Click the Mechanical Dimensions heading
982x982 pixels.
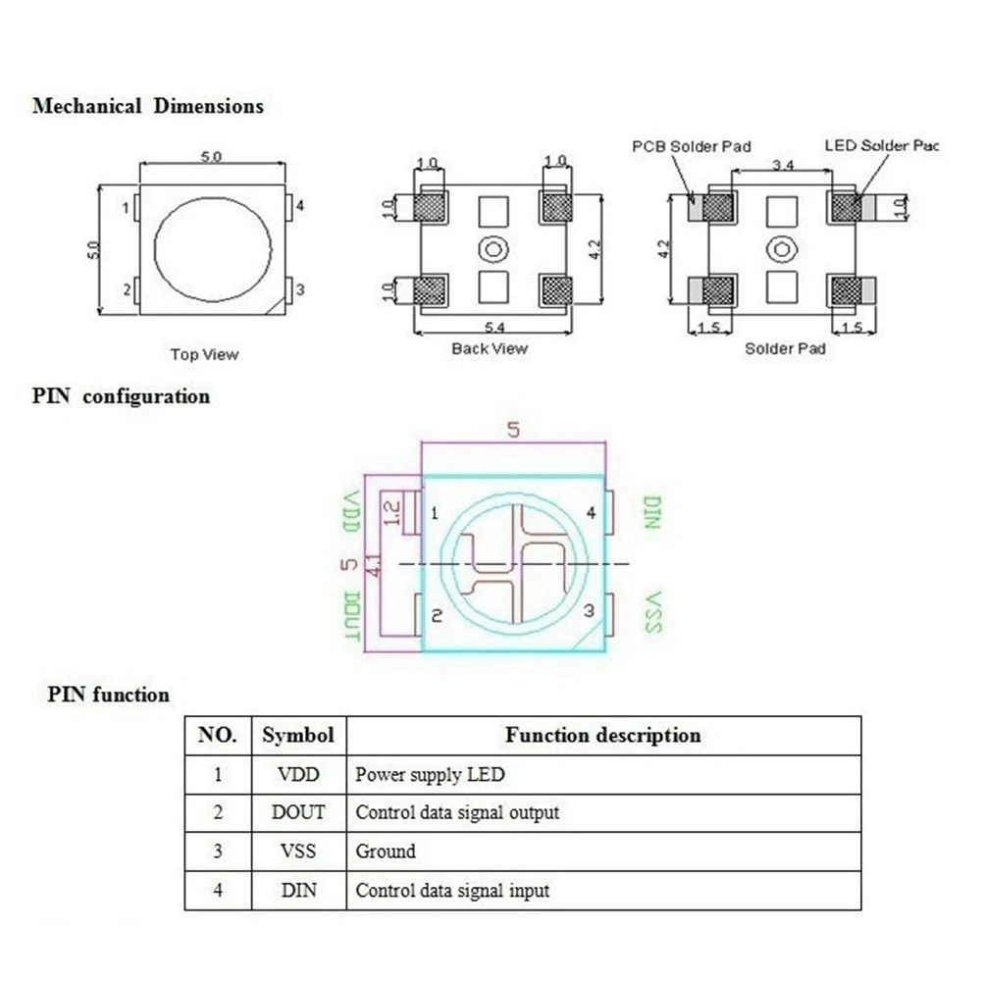[x=148, y=106]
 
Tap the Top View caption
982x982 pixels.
[x=205, y=354]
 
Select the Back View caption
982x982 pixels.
[x=490, y=349]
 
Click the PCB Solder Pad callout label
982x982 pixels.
[x=692, y=146]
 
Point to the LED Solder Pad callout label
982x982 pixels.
[x=882, y=146]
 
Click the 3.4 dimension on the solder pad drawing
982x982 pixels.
[x=783, y=165]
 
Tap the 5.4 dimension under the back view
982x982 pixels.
[x=494, y=327]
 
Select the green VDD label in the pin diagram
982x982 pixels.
[x=352, y=512]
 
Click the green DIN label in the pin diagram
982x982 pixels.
[x=652, y=512]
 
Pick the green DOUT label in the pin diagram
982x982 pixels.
[x=352, y=616]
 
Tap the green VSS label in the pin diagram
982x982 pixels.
[x=652, y=612]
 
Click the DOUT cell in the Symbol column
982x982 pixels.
[x=298, y=812]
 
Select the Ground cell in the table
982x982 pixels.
[x=386, y=852]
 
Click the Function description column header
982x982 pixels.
[x=603, y=735]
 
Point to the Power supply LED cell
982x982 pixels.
[x=430, y=775]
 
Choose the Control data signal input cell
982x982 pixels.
[x=452, y=890]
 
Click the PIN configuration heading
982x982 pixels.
[x=121, y=396]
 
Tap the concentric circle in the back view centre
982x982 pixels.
[x=492, y=249]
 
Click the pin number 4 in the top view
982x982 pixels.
[x=300, y=206]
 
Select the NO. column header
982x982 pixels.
[x=218, y=735]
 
